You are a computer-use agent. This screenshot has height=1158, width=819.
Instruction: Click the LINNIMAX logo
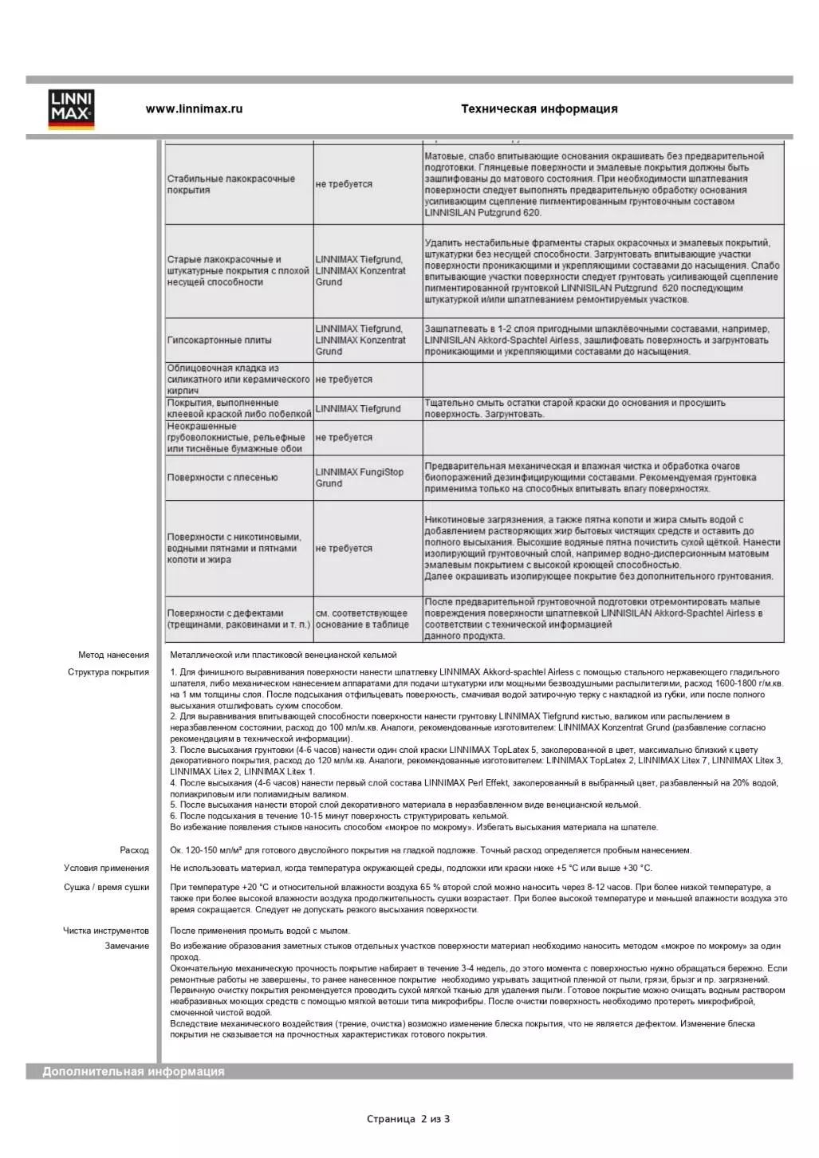pyautogui.click(x=71, y=109)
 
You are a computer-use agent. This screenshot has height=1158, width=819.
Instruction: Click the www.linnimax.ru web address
pyautogui.click(x=194, y=109)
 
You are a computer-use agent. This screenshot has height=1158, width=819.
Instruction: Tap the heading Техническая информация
pyautogui.click(x=539, y=109)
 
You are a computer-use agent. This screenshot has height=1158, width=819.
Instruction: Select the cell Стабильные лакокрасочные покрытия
pyautogui.click(x=231, y=184)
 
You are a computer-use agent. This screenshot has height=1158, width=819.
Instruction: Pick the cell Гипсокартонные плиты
pyautogui.click(x=219, y=341)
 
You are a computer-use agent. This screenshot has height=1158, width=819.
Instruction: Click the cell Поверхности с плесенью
pyautogui.click(x=222, y=478)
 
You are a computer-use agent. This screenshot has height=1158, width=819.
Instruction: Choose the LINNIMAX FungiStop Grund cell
pyautogui.click(x=360, y=478)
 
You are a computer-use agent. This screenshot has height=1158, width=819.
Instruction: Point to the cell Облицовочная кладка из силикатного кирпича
pyautogui.click(x=238, y=380)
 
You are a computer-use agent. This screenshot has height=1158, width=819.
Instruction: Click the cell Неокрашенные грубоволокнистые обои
pyautogui.click(x=236, y=438)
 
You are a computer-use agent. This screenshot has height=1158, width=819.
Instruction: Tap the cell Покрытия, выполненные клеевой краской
pyautogui.click(x=238, y=409)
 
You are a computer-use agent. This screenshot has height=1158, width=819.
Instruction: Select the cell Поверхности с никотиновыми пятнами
pyautogui.click(x=234, y=549)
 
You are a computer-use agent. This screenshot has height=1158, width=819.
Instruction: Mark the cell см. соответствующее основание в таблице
pyautogui.click(x=362, y=619)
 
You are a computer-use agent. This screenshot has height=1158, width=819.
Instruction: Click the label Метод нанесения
pyautogui.click(x=113, y=656)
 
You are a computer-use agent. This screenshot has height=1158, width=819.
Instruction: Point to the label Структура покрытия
pyautogui.click(x=108, y=672)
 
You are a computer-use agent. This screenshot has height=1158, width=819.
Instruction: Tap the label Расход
pyautogui.click(x=134, y=851)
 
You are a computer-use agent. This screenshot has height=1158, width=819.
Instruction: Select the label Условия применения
pyautogui.click(x=106, y=868)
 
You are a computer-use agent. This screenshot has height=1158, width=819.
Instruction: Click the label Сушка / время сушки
pyautogui.click(x=106, y=888)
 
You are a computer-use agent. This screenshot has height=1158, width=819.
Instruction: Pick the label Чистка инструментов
pyautogui.click(x=106, y=931)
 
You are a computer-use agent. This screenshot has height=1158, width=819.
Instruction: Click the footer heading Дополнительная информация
pyautogui.click(x=133, y=1072)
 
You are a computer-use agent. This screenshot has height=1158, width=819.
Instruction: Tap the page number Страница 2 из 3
pyautogui.click(x=408, y=1119)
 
